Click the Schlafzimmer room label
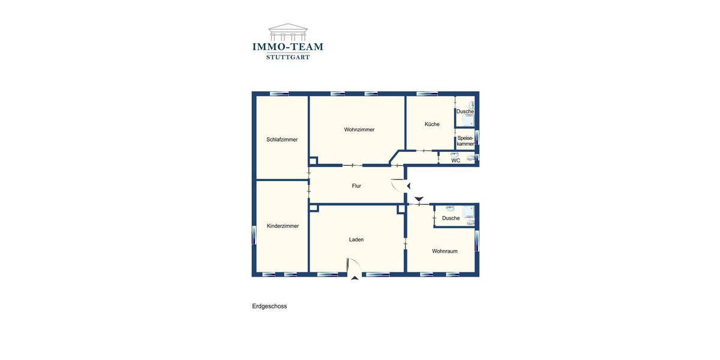click(x=282, y=140)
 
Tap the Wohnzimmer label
click(x=359, y=130)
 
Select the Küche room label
click(x=432, y=124)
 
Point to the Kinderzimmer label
click(x=283, y=226)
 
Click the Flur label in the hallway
click(x=356, y=186)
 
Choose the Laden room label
click(x=356, y=239)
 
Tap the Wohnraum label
click(x=445, y=251)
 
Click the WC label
click(x=456, y=161)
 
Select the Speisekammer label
click(x=466, y=141)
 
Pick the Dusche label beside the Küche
click(x=465, y=112)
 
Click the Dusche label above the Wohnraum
click(x=451, y=218)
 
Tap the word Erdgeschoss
click(x=269, y=306)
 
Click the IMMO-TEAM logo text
click(x=288, y=46)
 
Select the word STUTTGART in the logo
click(x=288, y=57)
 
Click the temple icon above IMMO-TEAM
click(x=288, y=31)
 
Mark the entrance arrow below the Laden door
click(x=355, y=278)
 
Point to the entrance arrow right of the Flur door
click(x=409, y=186)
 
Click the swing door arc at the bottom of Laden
click(x=354, y=265)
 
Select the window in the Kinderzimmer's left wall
click(x=254, y=234)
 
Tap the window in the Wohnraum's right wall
click(x=477, y=241)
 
